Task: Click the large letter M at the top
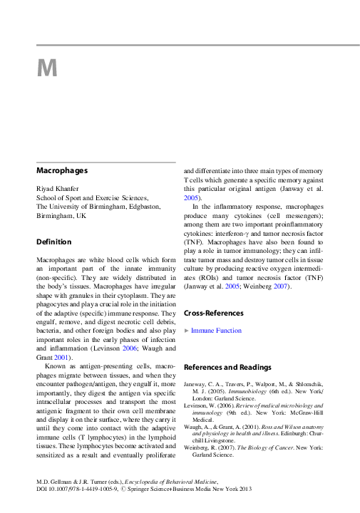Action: [x=46, y=68]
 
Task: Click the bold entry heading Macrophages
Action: [x=62, y=171]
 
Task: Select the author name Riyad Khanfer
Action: [x=61, y=187]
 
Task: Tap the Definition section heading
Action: [x=54, y=242]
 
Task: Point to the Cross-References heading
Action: [x=214, y=313]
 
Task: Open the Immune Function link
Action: [x=217, y=331]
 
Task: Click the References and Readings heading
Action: [x=227, y=367]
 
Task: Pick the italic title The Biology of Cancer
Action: [x=264, y=447]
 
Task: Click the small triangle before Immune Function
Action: [x=187, y=331]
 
